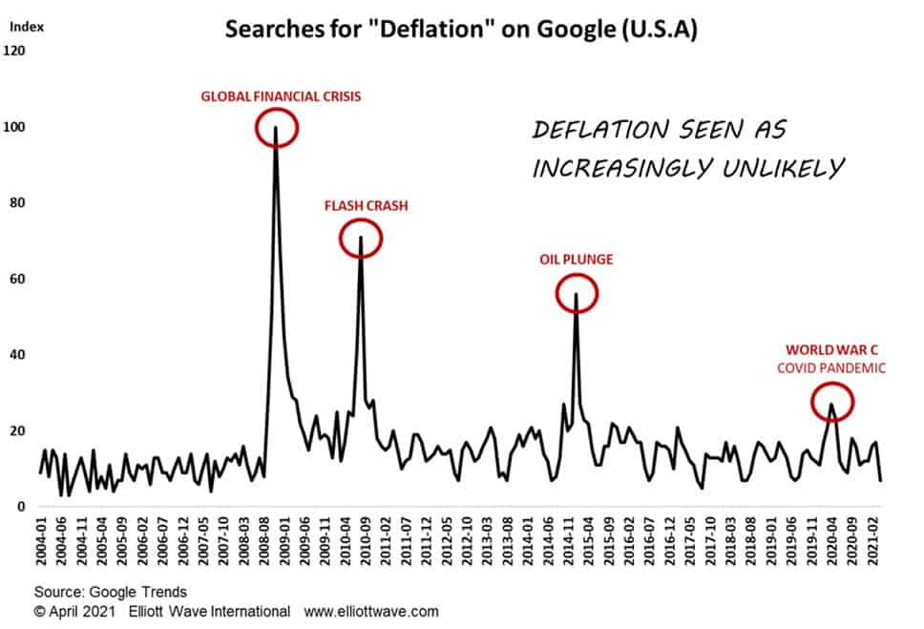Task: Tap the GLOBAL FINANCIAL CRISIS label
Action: [x=281, y=96]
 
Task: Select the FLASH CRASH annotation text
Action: [x=367, y=205]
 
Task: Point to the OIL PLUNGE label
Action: [x=577, y=259]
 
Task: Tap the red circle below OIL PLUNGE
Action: [x=577, y=293]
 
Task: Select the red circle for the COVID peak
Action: [x=832, y=403]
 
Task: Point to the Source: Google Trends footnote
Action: [x=111, y=593]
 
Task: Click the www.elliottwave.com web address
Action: [x=371, y=611]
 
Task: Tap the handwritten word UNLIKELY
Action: [x=780, y=168]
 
